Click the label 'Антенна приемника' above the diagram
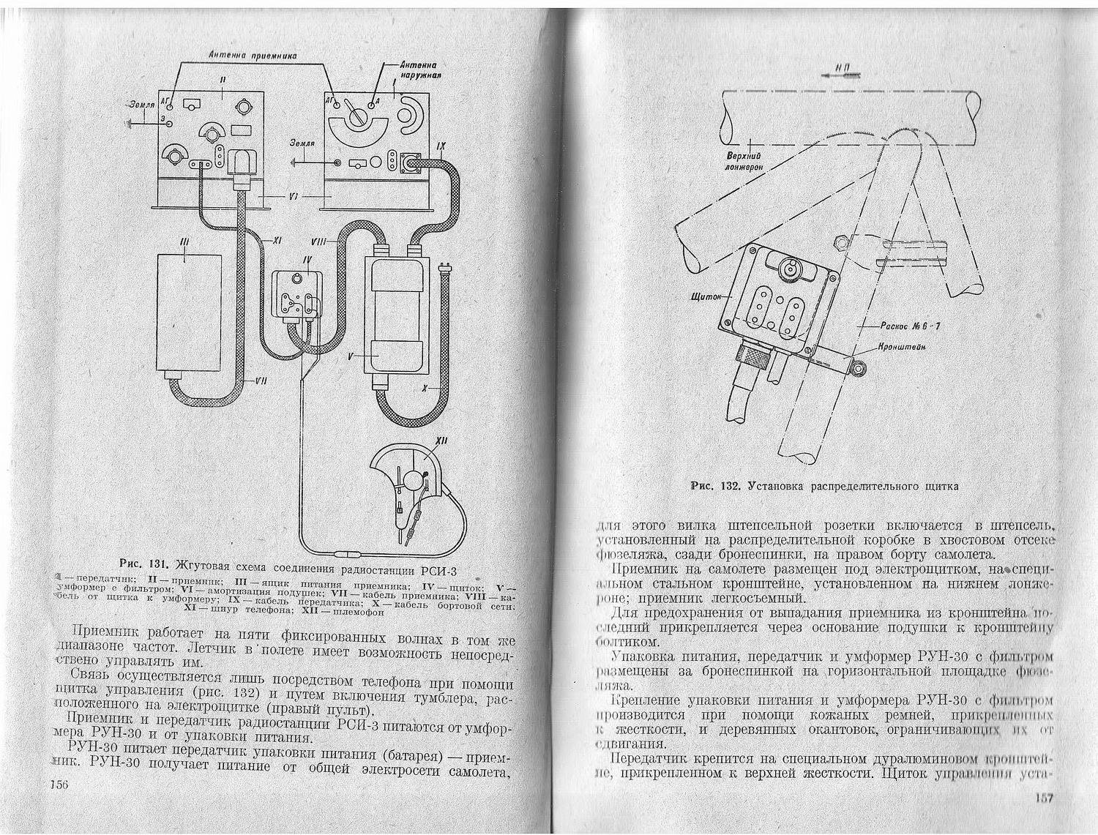(x=253, y=55)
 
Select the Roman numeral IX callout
(x=440, y=148)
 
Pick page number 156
(x=58, y=785)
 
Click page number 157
(x=1042, y=798)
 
